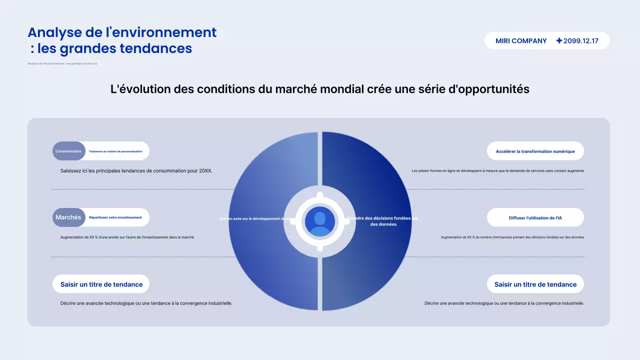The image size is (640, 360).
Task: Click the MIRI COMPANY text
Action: (521, 41)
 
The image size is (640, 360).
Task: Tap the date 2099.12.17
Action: (581, 41)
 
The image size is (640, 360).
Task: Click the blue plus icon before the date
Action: (559, 41)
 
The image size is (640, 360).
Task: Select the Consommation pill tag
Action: (68, 151)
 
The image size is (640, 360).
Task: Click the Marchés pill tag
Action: (68, 217)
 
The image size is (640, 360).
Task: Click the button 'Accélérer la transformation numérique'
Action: (535, 151)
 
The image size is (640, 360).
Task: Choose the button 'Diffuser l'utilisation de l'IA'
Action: (535, 218)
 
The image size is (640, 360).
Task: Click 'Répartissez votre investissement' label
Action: (115, 217)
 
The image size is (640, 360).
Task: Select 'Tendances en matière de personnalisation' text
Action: (115, 151)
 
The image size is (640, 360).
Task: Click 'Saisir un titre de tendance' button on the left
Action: (101, 284)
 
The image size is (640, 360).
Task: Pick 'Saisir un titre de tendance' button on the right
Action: (535, 284)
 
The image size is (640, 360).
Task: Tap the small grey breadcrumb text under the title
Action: (62, 63)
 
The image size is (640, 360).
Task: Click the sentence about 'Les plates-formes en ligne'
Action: (497, 170)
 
